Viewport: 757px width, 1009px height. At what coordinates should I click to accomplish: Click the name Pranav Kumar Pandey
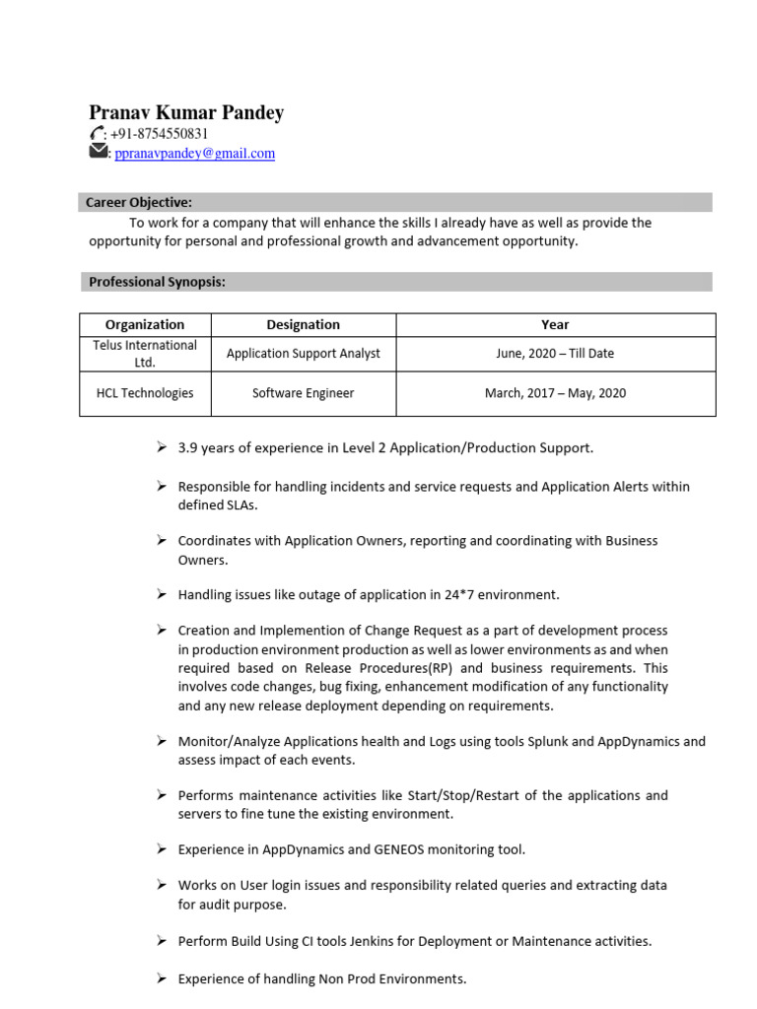186,112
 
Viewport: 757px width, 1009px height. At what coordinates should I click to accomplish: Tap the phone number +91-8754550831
163,134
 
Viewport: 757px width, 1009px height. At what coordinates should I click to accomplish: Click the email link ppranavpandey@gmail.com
195,154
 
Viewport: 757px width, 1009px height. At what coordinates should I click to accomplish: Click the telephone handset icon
97,134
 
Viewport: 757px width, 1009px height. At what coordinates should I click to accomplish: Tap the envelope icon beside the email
98,152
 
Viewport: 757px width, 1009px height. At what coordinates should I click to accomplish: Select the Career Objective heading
138,202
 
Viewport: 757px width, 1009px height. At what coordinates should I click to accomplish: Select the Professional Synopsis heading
157,282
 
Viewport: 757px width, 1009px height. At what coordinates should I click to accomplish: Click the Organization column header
145,324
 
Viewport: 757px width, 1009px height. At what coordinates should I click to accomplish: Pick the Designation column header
303,324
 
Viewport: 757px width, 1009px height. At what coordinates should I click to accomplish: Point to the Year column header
555,324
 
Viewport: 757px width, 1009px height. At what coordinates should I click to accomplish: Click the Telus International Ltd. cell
145,354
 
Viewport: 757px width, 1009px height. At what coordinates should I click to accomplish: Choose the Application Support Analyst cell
303,354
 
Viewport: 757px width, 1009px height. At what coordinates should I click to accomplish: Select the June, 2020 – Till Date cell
555,354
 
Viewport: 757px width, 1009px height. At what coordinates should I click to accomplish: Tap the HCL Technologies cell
145,393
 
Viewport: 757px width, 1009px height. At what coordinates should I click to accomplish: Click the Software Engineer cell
303,393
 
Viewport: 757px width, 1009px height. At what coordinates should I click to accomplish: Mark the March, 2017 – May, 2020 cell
555,393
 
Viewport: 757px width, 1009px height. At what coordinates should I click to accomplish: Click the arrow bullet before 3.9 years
162,447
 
